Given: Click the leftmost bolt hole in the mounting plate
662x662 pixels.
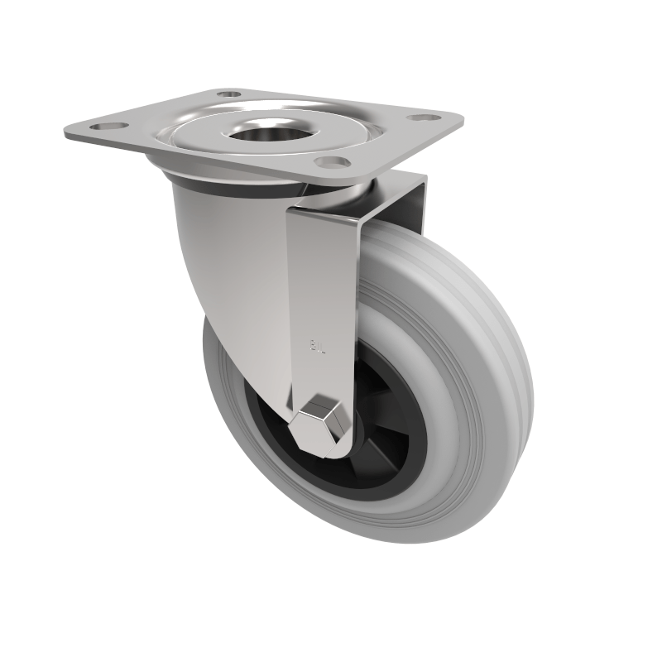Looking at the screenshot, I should point(104,127).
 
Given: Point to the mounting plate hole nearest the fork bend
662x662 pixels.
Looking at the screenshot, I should point(333,161).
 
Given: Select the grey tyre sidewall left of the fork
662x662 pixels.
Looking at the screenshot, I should point(228,389).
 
